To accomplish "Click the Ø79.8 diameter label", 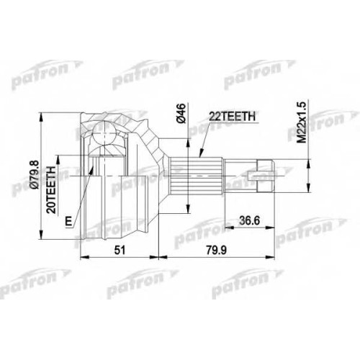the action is [x=35, y=175].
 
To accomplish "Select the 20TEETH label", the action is [x=51, y=189].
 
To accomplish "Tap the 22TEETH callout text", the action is [x=232, y=117].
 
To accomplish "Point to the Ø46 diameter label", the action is [x=181, y=113].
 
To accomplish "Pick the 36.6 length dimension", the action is [x=250, y=220].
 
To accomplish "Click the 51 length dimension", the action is [x=120, y=251].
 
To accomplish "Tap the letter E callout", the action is [x=69, y=221].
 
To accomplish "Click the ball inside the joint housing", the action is [x=104, y=133].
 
